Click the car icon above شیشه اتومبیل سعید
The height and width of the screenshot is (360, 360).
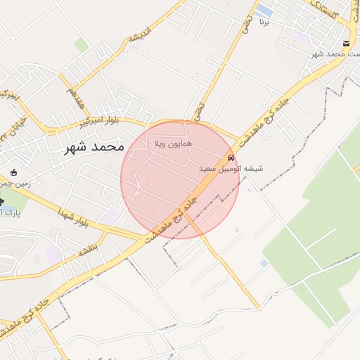click(231, 157)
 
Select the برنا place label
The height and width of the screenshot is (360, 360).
click(264, 22)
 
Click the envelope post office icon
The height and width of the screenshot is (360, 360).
click(345, 42)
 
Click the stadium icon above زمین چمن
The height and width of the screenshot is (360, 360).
click(14, 172)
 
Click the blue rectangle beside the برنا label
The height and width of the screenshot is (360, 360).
click(264, 10)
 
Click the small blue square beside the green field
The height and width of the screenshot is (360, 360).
click(264, 263)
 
